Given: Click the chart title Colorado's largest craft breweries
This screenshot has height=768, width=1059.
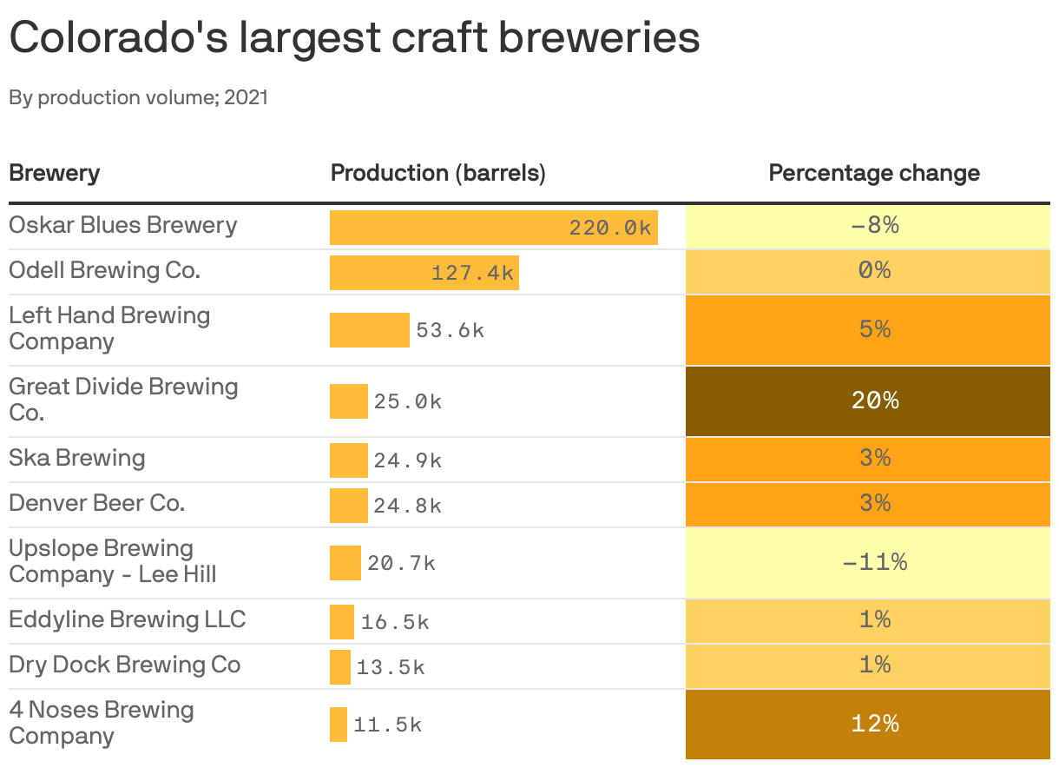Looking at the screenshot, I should tap(354, 38).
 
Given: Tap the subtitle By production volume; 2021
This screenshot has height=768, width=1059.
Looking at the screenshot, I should tap(139, 97).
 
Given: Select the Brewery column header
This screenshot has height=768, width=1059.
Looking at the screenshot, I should tap(54, 173).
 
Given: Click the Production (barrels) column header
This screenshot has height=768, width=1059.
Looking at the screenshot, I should tap(437, 173).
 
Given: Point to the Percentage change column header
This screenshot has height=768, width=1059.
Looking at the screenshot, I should tap(873, 173).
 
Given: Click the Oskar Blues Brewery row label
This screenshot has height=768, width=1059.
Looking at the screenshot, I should tap(122, 225).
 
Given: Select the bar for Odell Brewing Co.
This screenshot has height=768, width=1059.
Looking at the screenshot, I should tap(424, 272).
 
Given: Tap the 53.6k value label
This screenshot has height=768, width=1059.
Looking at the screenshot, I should tap(450, 330).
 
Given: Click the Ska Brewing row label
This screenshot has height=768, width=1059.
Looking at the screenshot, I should tap(76, 458).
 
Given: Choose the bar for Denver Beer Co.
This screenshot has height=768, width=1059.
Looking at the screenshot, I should tap(348, 505).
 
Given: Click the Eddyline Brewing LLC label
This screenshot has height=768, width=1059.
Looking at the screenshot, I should tap(128, 619).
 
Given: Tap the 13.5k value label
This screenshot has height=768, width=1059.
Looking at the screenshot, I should tap(390, 667).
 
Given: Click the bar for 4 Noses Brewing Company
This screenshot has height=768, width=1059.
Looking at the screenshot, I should tap(338, 724).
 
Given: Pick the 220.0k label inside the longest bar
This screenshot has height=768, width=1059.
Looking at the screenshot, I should tap(609, 228).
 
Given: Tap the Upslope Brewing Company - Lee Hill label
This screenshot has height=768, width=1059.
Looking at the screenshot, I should tap(113, 561).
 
